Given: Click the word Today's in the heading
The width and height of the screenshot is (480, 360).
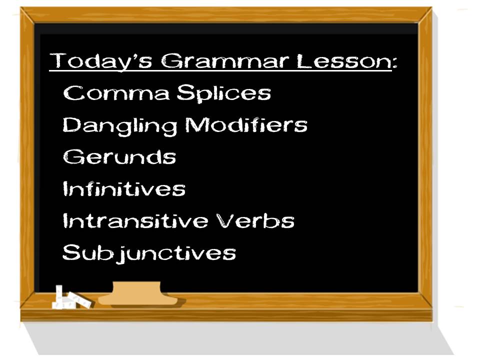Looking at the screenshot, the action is [x=101, y=61].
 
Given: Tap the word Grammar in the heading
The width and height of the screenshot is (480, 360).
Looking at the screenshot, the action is [x=224, y=61].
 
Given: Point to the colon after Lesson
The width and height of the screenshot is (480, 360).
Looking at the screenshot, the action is [x=394, y=63].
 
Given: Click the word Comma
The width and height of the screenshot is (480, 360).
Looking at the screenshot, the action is [x=116, y=93].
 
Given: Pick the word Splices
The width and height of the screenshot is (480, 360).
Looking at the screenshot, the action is [x=224, y=93].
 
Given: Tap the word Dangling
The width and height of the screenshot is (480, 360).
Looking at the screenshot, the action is [x=120, y=126].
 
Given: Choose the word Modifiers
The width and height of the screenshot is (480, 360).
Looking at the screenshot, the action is [x=246, y=124].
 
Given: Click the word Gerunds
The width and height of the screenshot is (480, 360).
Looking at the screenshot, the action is [x=119, y=156].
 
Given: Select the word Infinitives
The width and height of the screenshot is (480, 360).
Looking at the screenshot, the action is [x=124, y=188].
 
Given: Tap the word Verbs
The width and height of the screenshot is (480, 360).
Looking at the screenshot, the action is [x=255, y=220].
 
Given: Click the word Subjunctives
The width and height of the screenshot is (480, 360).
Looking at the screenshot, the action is [x=149, y=253].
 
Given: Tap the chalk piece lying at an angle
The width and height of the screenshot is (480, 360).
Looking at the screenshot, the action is [x=80, y=299].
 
